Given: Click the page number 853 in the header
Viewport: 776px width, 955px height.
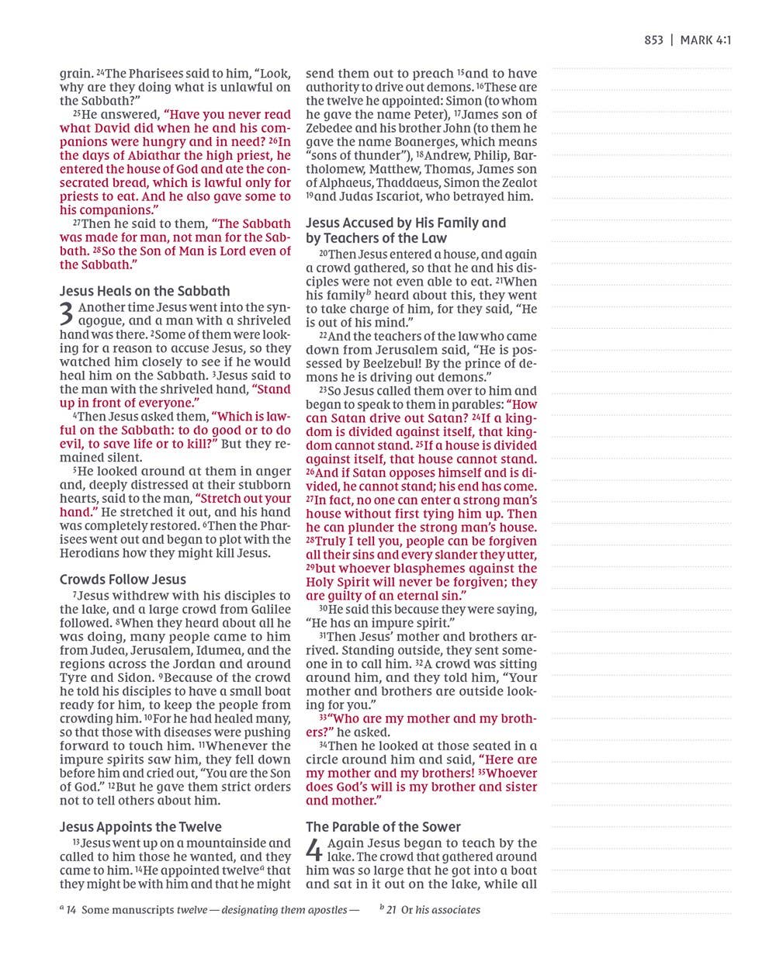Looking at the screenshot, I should [x=653, y=40].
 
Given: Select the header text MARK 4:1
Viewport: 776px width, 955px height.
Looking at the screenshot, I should [x=705, y=40].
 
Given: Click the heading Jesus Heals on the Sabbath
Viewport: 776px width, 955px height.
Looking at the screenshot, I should [x=145, y=292].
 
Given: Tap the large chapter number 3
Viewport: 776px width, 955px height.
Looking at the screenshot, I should [x=68, y=314].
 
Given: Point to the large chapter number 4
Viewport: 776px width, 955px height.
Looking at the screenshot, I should [x=314, y=850].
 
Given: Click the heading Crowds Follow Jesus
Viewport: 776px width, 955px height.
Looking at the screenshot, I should [x=123, y=580].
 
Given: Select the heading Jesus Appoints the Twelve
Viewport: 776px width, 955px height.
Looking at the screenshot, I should [x=140, y=827].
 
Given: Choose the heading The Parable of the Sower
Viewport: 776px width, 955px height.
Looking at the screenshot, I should [x=383, y=827].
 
